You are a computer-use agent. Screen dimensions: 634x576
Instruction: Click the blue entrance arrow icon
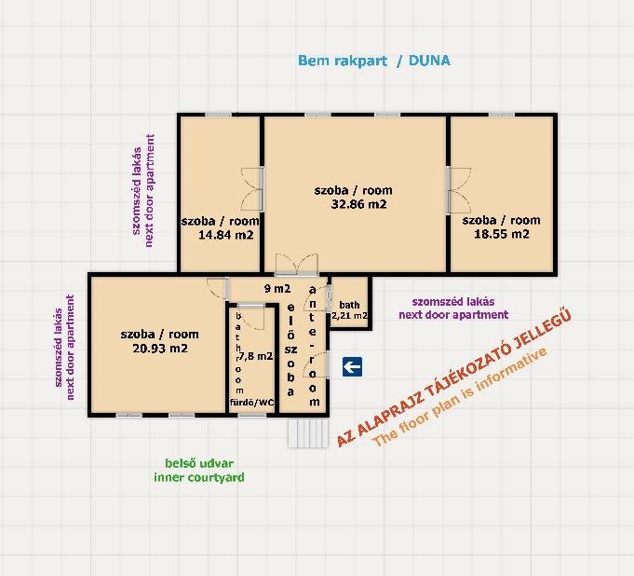point(352,366)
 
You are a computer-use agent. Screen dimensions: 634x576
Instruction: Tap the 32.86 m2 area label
point(358,204)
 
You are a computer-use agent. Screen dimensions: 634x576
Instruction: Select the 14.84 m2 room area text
point(225,235)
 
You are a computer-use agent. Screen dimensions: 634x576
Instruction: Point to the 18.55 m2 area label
point(502,234)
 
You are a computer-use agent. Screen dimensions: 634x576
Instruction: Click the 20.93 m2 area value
point(160,348)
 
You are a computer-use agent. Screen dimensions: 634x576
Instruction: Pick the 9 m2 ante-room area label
point(277,289)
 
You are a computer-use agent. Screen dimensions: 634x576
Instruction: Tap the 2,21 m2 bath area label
point(350,315)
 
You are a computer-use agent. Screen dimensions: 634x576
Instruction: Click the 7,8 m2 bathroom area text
point(255,356)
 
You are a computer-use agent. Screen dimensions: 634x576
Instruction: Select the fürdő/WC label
point(252,403)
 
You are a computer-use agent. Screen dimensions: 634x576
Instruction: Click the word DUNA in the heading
point(429,61)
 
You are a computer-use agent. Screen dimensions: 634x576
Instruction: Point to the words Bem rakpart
point(343,61)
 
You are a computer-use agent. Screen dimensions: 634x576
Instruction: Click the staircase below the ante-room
point(308,432)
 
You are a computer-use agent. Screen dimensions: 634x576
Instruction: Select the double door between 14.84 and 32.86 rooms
point(252,189)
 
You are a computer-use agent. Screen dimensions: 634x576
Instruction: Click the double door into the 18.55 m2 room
point(459,190)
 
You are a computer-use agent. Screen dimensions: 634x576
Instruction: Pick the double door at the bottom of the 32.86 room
point(296,265)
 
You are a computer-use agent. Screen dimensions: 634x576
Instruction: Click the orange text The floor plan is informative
point(460,396)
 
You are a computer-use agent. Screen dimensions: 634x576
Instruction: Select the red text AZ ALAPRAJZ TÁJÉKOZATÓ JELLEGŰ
point(453,378)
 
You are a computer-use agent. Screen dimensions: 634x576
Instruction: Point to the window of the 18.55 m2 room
point(502,116)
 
